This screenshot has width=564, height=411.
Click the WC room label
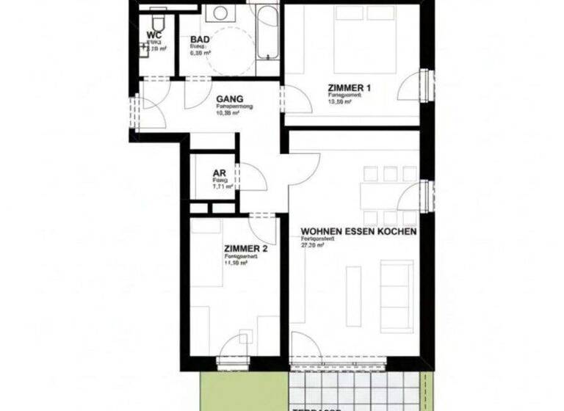154,34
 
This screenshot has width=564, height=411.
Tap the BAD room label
200,40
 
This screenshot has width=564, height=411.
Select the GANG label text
229,99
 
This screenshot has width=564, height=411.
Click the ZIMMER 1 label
349,89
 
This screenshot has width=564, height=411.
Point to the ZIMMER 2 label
245,249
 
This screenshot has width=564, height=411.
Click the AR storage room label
219,173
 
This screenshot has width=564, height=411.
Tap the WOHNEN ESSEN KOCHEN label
358,231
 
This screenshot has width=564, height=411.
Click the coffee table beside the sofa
353,296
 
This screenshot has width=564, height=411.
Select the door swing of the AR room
252,178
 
